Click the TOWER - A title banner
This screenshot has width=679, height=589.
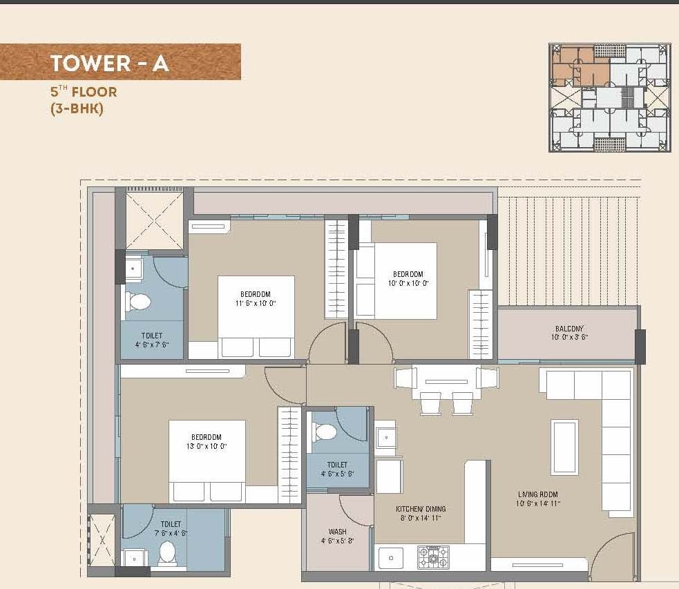[120, 62]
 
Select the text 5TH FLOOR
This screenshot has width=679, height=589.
[84, 92]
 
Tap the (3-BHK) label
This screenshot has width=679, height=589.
[77, 108]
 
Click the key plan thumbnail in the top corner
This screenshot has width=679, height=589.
[609, 97]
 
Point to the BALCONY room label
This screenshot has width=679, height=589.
[569, 333]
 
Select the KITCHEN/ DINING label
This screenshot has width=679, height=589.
[419, 513]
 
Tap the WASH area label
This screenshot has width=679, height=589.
[338, 537]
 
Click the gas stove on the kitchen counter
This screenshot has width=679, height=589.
[433, 557]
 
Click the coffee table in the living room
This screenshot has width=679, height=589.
[564, 447]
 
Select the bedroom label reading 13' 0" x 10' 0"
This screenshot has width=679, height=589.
[207, 441]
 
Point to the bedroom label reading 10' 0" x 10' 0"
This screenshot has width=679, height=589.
[408, 278]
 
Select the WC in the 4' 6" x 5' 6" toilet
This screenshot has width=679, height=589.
[324, 432]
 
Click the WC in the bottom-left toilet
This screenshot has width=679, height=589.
[167, 552]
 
